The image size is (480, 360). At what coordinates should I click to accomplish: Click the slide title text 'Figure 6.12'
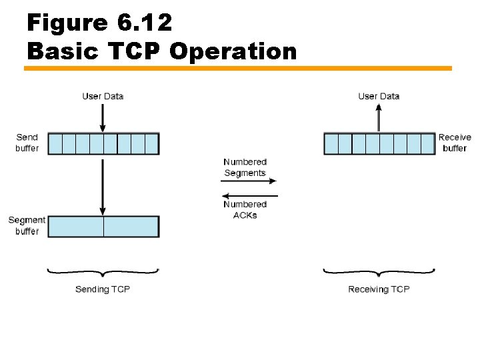pyautogui.click(x=99, y=23)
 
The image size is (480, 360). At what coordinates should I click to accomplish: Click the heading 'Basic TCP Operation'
pyautogui.click(x=162, y=51)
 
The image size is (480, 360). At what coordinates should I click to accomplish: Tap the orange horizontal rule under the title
pyautogui.click(x=238, y=68)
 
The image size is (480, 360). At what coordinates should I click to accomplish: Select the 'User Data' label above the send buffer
pyautogui.click(x=103, y=96)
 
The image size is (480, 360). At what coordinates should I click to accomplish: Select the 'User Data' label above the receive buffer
pyautogui.click(x=379, y=96)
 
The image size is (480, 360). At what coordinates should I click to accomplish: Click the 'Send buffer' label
pyautogui.click(x=27, y=143)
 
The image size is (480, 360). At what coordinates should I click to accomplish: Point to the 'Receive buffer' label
pyautogui.click(x=455, y=143)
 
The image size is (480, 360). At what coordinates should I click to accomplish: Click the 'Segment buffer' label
pyautogui.click(x=27, y=225)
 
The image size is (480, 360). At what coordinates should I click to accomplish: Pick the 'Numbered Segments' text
pyautogui.click(x=245, y=167)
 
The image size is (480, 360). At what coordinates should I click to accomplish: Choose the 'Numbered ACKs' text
pyautogui.click(x=245, y=209)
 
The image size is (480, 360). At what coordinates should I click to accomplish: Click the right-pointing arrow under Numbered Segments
pyautogui.click(x=249, y=181)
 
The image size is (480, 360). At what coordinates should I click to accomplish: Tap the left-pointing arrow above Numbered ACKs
pyautogui.click(x=249, y=196)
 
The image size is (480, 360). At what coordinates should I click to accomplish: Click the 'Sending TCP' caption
pyautogui.click(x=103, y=289)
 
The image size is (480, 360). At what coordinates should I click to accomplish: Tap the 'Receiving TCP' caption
pyautogui.click(x=379, y=289)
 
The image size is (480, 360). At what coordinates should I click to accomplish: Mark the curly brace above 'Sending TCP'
pyautogui.click(x=103, y=272)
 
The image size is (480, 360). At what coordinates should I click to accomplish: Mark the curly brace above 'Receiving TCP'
pyautogui.click(x=379, y=272)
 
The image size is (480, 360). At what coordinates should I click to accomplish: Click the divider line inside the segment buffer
pyautogui.click(x=103, y=227)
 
